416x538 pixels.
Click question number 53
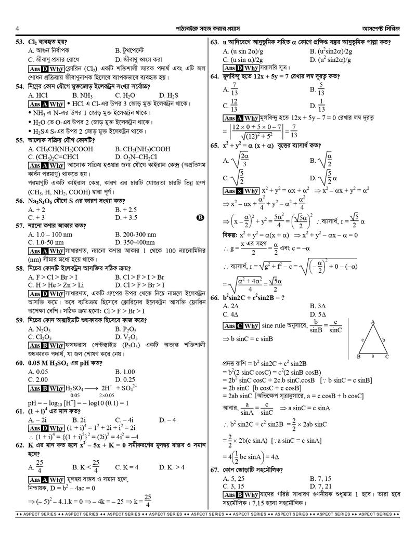[x=21, y=42]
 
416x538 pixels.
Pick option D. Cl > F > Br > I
[x=139, y=285]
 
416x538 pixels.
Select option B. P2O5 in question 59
[x=126, y=329]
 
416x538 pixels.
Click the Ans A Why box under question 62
[x=46, y=479]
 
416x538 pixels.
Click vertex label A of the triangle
[x=373, y=322]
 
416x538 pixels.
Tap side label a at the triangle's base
[x=372, y=356]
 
